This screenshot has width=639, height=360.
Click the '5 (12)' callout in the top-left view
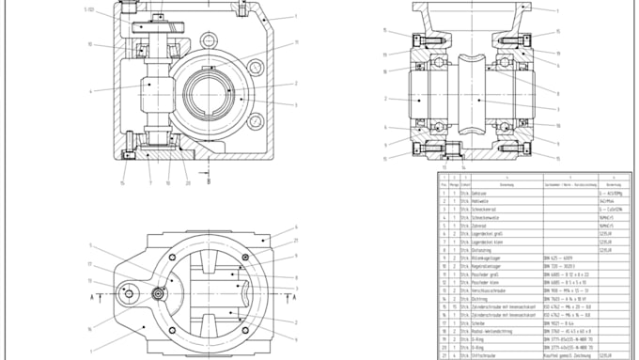coord(89,9)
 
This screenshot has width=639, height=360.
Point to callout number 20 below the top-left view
coord(188,183)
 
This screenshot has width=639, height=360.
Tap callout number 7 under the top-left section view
coord(149,183)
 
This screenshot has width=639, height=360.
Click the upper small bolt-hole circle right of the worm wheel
coord(255,65)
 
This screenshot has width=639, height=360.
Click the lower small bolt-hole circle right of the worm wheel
coord(255,122)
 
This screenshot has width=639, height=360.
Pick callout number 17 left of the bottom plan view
coord(90,280)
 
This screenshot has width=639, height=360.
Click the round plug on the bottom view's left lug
coord(127,294)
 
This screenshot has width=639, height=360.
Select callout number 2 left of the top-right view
coord(385,98)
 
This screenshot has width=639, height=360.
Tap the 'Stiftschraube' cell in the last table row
coord(487,355)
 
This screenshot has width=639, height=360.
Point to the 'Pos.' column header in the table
coord(443,184)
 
